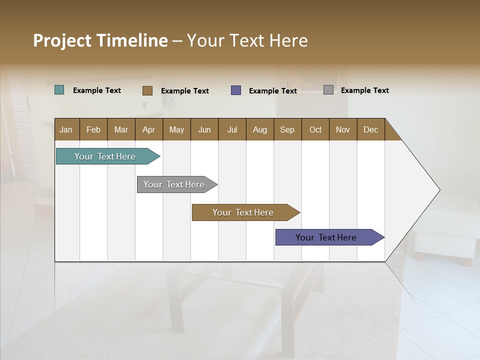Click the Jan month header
66,129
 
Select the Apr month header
149,129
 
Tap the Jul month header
232,129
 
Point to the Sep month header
287,129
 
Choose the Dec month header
370,129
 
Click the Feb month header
93,129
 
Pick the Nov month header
343,129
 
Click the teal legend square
59,90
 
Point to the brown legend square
147,90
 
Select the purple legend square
236,90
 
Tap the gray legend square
328,90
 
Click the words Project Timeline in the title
100,40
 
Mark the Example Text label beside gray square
364,90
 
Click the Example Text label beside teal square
97,90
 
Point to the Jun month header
204,129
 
